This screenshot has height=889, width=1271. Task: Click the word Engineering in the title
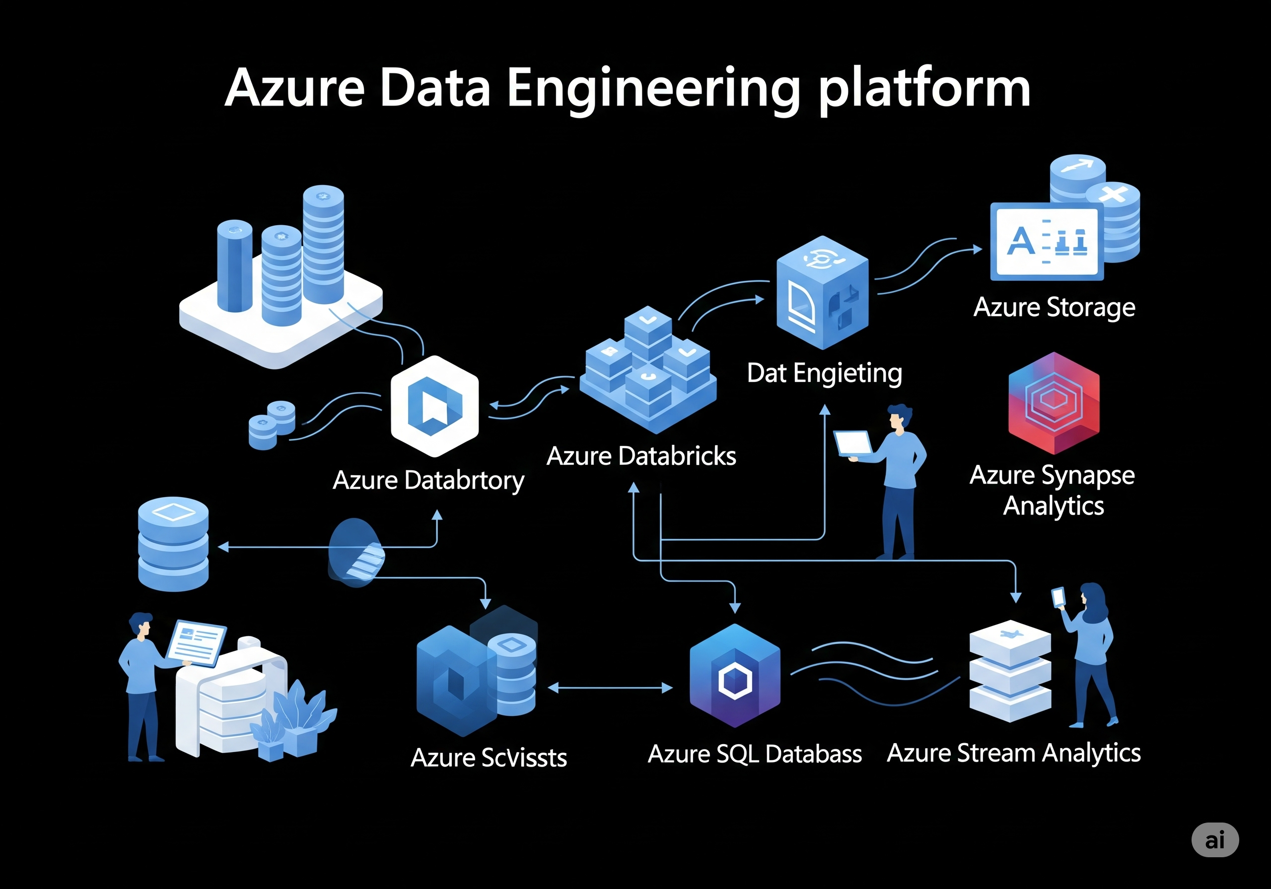click(x=653, y=88)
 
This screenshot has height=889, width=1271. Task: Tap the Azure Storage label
click(x=1054, y=308)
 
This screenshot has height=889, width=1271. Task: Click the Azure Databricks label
click(x=641, y=456)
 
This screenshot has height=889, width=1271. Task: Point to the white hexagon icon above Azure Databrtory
click(x=434, y=407)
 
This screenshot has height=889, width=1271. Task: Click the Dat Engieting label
click(x=824, y=374)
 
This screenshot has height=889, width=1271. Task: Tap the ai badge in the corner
click(x=1214, y=840)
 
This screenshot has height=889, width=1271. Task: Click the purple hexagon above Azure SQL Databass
click(x=735, y=676)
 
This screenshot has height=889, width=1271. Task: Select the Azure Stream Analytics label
click(x=1014, y=754)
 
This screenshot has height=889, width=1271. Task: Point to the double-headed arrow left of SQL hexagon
click(x=610, y=688)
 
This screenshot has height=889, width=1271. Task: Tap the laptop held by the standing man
click(x=852, y=443)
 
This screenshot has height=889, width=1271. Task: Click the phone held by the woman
click(x=1058, y=597)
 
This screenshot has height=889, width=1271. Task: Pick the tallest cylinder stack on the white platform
click(x=323, y=244)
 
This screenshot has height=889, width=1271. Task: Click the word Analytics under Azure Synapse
click(x=1054, y=506)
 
